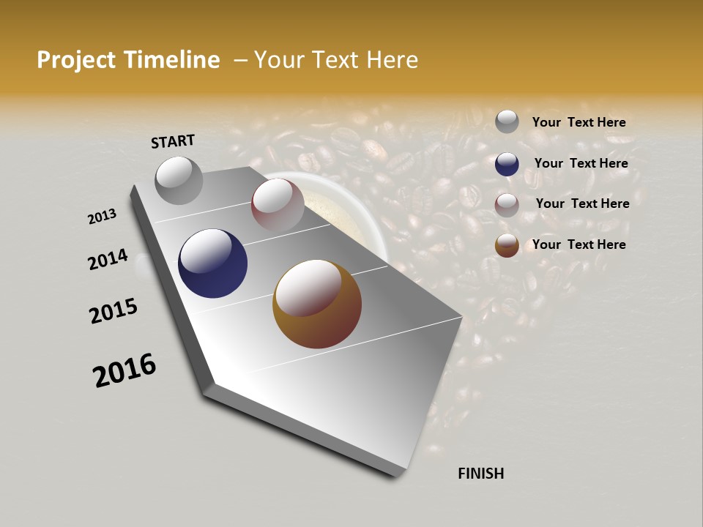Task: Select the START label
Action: tap(173, 141)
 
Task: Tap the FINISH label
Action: tap(480, 474)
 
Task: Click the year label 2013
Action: tap(103, 217)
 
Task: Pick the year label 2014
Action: tap(108, 259)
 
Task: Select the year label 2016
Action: tap(124, 370)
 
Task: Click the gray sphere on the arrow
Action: tap(179, 180)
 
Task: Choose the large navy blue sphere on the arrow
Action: tap(213, 263)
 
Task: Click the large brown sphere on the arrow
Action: tap(317, 304)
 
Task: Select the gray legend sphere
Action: tap(507, 122)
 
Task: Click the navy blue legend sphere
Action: tap(507, 163)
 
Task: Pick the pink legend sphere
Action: tap(507, 204)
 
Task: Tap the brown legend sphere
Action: tap(507, 245)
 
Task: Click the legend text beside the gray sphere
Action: tap(579, 123)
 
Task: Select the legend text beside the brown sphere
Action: tap(579, 244)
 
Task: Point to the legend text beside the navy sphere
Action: tap(581, 163)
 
